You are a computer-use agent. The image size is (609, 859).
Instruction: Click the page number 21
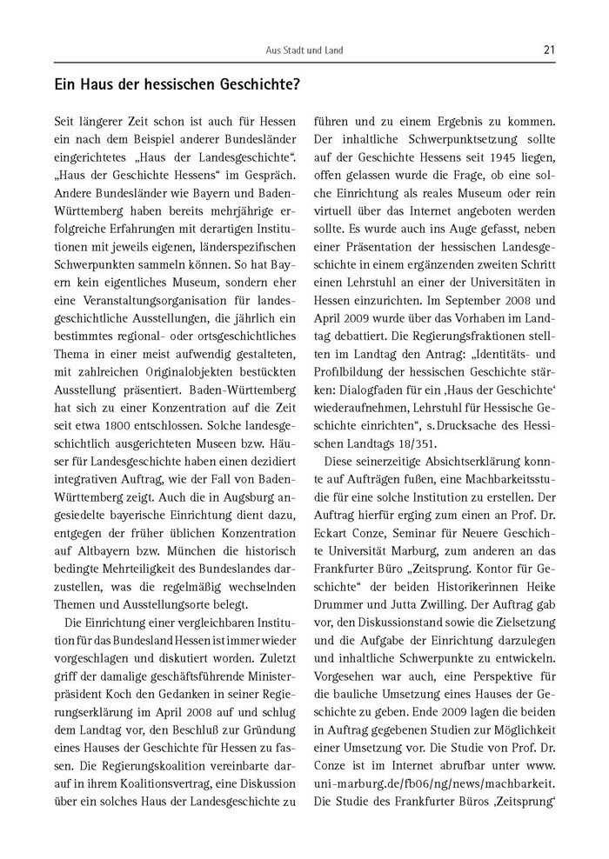pyautogui.click(x=548, y=50)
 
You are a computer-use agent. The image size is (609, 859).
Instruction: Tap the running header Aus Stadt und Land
pyautogui.click(x=304, y=51)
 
